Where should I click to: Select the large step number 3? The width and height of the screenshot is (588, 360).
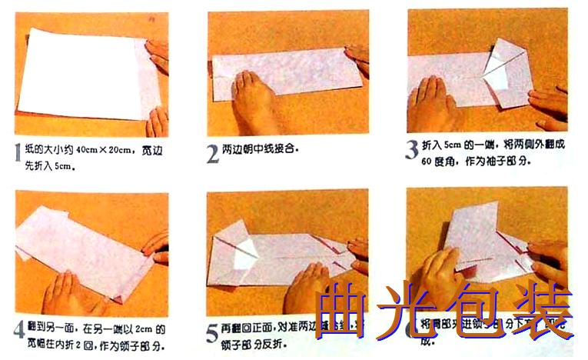411,148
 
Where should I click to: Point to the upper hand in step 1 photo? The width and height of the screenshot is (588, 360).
158,54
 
